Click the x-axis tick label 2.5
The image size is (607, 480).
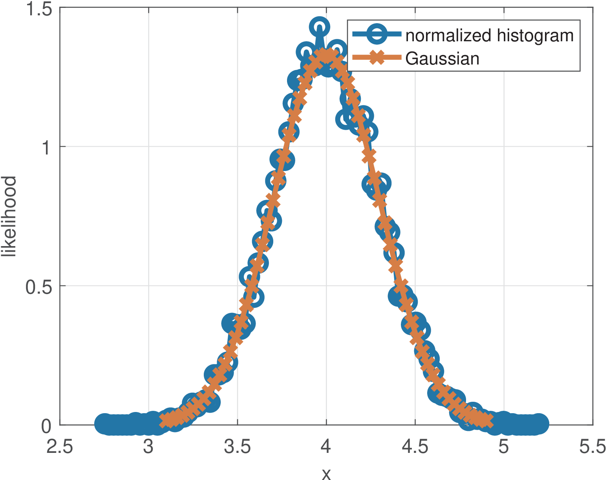click(x=60, y=447)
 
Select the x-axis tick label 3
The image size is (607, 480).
click(x=148, y=447)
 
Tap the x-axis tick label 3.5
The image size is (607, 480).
click(x=237, y=447)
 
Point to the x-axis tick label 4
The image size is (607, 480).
click(x=326, y=447)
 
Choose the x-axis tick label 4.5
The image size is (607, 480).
click(x=415, y=447)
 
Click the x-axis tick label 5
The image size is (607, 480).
click(x=504, y=447)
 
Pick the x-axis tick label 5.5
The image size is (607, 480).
click(x=592, y=447)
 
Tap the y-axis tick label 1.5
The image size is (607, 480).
click(x=39, y=9)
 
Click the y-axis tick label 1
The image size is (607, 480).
click(x=47, y=147)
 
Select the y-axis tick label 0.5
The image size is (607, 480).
click(x=39, y=286)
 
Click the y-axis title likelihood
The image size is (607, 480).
click(x=9, y=217)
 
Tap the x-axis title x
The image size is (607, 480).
click(x=326, y=474)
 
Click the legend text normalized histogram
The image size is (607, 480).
click(x=489, y=35)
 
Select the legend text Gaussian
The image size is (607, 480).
click(x=442, y=59)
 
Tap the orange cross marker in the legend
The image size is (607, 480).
click(x=376, y=58)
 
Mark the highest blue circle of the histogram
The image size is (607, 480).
click(x=319, y=27)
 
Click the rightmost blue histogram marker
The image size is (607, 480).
click(x=539, y=424)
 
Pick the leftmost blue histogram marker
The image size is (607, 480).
click(x=104, y=424)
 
